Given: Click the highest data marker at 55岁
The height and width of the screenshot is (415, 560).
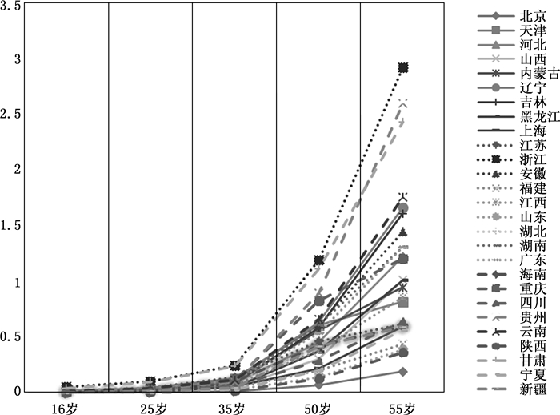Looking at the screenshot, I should [403, 67].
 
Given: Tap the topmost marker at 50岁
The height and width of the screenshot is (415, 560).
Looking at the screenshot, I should [319, 260].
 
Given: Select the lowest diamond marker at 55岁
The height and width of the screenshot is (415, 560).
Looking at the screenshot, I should [403, 372].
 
